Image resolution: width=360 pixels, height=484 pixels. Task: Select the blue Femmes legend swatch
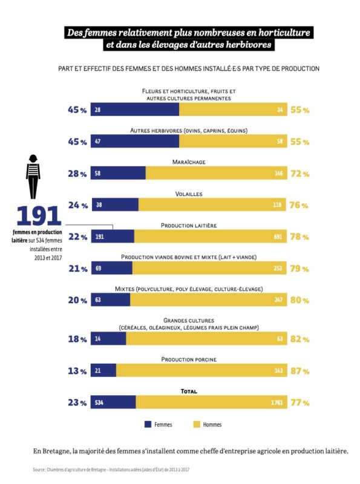[x=148, y=424]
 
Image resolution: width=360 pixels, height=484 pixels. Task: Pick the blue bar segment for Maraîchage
[x=118, y=173]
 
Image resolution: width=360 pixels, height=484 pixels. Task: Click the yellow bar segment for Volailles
[x=212, y=205]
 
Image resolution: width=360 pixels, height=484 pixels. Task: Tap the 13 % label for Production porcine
[x=77, y=371]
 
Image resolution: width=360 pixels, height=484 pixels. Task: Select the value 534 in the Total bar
[x=99, y=402]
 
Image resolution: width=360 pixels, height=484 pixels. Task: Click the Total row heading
[x=189, y=391]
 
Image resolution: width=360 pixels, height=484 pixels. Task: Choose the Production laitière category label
[x=188, y=225]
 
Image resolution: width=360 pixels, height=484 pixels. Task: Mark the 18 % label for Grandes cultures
[x=77, y=339]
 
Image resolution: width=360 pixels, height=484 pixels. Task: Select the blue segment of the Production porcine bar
[x=103, y=371]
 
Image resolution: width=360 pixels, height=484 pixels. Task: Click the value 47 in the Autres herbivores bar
[x=98, y=142]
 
